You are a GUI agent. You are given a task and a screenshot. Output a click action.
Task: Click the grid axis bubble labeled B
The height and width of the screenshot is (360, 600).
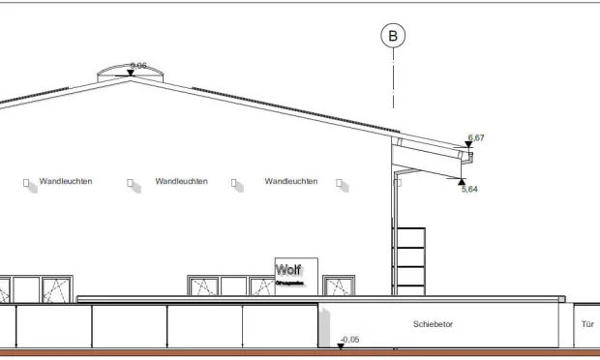pyautogui.click(x=392, y=37)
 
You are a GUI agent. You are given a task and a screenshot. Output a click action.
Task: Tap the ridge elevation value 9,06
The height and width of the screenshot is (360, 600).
pyautogui.click(x=138, y=65)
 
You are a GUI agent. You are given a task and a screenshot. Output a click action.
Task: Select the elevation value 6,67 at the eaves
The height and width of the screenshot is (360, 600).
pyautogui.click(x=476, y=137)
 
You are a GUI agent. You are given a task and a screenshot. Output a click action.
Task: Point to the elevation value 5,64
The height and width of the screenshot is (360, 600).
pyautogui.click(x=469, y=189)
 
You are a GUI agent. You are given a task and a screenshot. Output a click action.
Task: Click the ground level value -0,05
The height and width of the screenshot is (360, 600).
pyautogui.click(x=349, y=339)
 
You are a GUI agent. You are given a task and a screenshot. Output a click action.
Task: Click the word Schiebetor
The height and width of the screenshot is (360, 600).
pyautogui.click(x=433, y=324)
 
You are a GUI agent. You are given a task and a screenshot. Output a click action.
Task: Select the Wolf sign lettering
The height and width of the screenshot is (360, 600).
pyautogui.click(x=288, y=270)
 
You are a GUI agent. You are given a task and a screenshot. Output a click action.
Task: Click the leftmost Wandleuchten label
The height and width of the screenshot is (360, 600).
pyautogui.click(x=66, y=181)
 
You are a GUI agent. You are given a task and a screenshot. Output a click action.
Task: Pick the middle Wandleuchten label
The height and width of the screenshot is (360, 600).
pyautogui.click(x=181, y=181)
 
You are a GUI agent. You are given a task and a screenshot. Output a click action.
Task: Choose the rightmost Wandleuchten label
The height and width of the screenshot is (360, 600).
pyautogui.click(x=290, y=181)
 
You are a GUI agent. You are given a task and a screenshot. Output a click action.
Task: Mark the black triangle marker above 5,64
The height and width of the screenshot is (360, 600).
pyautogui.click(x=462, y=180)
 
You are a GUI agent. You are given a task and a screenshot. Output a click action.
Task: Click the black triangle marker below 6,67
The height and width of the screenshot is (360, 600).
pyautogui.click(x=469, y=145)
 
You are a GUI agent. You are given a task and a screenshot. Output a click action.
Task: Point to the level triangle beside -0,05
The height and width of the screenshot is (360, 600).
pyautogui.click(x=340, y=345)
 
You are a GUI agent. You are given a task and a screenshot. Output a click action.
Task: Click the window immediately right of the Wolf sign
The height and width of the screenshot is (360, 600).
pyautogui.click(x=339, y=286)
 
